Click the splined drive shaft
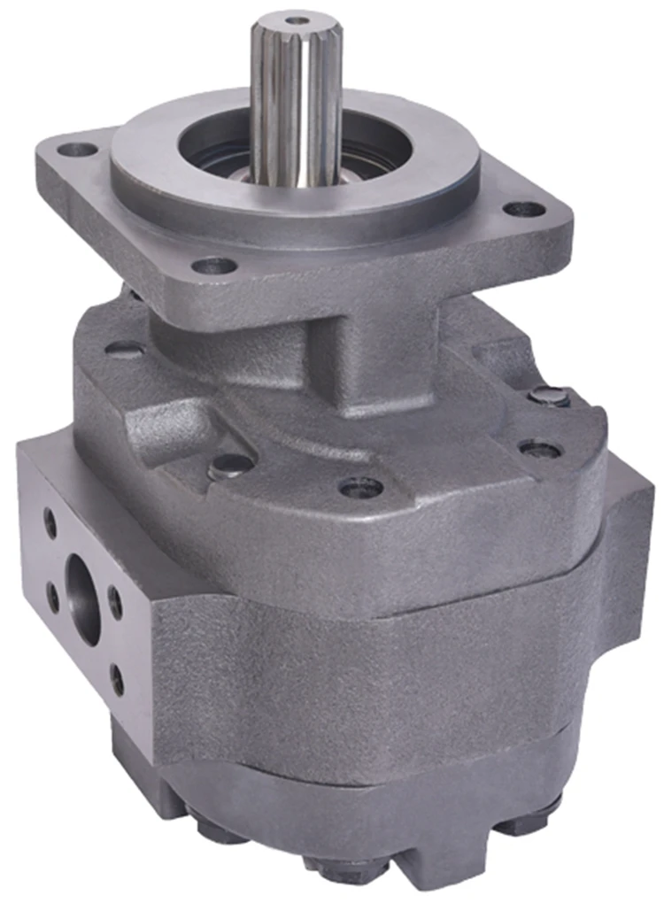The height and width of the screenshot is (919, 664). pyautogui.click(x=296, y=97)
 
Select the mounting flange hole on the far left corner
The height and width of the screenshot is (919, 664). pyautogui.click(x=78, y=149)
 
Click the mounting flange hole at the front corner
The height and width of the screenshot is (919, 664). pyautogui.click(x=214, y=264)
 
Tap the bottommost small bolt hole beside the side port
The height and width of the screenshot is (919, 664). pyautogui.click(x=117, y=679)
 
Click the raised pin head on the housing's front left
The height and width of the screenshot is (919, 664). pyautogui.click(x=231, y=465)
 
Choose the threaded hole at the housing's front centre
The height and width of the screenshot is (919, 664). pyautogui.click(x=361, y=486)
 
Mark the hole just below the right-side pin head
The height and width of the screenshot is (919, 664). pyautogui.click(x=539, y=449)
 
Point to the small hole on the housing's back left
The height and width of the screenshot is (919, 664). pyautogui.click(x=124, y=349)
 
